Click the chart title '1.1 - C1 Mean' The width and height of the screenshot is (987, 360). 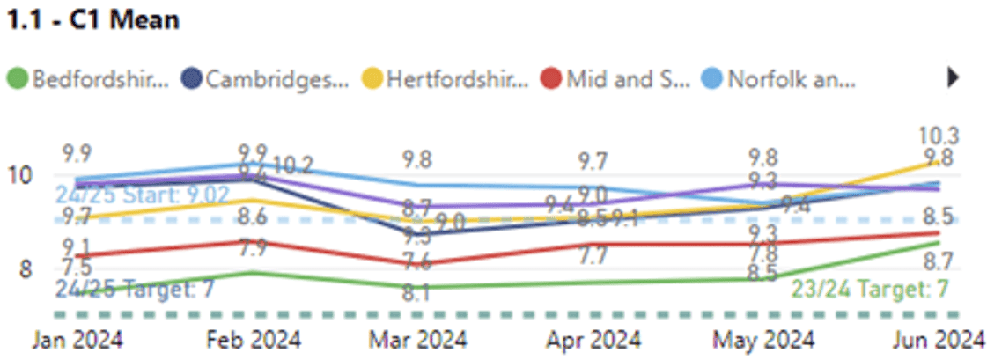pos(92,19)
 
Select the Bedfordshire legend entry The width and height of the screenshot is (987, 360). pos(88,79)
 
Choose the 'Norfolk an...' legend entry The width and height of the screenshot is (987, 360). pos(780,79)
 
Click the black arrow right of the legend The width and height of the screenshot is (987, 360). pos(953,78)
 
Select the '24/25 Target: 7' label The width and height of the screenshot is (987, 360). pos(134,289)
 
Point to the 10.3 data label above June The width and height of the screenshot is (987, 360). pos(939,136)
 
